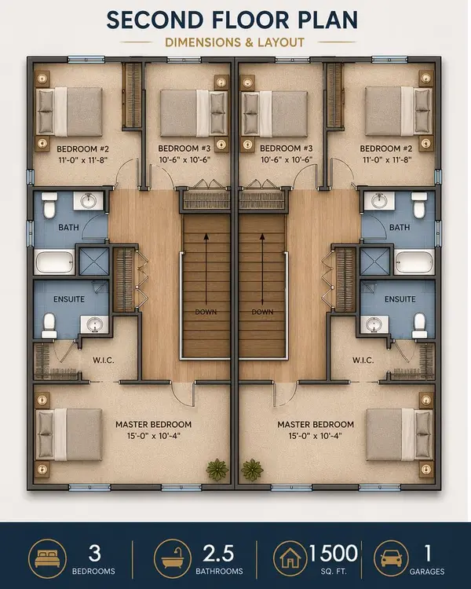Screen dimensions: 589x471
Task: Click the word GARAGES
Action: click(429, 572)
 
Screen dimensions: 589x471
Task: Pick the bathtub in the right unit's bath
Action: click(413, 258)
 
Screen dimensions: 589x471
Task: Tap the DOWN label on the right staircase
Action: click(261, 312)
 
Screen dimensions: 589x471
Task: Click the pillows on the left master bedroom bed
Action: click(45, 434)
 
